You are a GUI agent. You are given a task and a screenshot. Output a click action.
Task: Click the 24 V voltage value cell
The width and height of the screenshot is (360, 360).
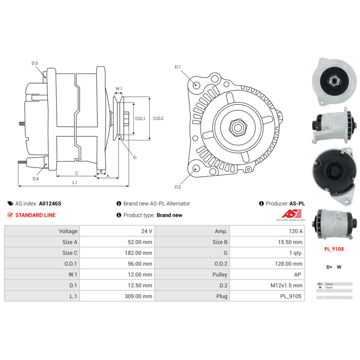(147, 231)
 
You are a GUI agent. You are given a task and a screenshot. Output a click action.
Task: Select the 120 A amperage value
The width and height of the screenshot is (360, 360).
(296, 231)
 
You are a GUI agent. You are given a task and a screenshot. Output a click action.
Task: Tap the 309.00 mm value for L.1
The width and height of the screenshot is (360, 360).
(139, 296)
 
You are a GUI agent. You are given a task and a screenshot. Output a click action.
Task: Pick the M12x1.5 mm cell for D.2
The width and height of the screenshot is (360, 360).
(286, 285)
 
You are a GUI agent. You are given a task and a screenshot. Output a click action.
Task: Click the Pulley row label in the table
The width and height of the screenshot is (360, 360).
(220, 275)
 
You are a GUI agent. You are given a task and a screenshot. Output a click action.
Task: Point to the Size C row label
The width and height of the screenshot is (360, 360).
(70, 253)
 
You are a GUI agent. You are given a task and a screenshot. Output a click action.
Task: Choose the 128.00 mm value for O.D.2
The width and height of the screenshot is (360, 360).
(289, 264)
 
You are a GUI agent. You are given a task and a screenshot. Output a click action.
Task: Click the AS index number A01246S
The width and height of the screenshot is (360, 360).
(50, 203)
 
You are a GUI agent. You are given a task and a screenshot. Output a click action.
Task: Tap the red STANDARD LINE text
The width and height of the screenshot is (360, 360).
(35, 215)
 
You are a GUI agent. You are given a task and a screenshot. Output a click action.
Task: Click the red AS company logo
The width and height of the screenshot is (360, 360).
(292, 213)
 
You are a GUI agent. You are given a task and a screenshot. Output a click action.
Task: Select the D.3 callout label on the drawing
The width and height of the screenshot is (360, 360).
(35, 63)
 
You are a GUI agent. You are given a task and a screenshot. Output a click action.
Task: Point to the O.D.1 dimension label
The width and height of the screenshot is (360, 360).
(140, 118)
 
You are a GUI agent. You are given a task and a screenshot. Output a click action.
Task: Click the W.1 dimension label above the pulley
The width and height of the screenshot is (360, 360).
(119, 89)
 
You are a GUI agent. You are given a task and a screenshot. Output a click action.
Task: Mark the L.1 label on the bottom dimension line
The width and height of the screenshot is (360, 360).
(75, 183)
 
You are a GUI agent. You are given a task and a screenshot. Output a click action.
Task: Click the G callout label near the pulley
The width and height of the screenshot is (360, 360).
(135, 157)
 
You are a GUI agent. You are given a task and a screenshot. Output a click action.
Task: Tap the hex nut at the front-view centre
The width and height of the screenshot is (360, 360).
(238, 127)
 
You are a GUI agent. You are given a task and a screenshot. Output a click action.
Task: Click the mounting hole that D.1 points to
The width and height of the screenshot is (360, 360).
(195, 85)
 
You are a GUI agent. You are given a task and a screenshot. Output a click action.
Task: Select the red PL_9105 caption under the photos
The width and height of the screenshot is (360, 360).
(334, 249)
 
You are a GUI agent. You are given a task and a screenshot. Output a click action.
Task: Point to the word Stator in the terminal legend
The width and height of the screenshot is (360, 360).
(329, 287)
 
